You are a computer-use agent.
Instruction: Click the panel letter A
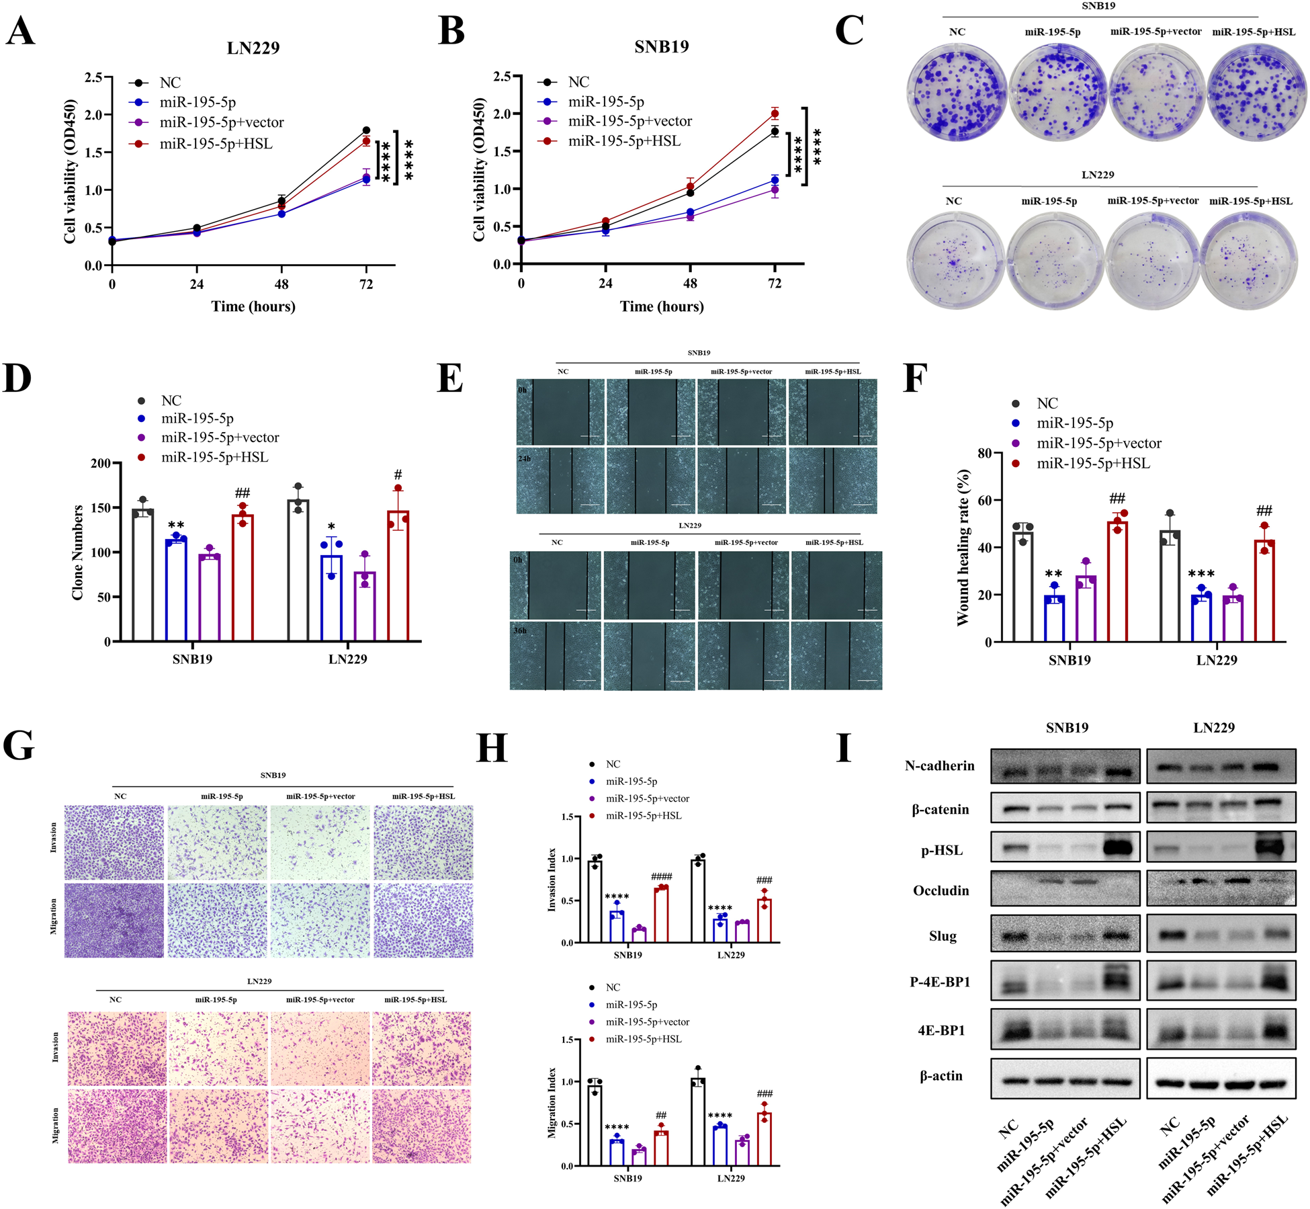coord(20,31)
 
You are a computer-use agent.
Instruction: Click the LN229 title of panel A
coord(253,48)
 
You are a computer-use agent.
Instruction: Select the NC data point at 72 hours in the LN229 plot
coord(366,130)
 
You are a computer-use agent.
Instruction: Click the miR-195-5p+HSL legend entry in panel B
coord(623,141)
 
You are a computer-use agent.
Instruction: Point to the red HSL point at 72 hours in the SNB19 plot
coord(775,114)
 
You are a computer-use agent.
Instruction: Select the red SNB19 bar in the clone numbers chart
coord(243,578)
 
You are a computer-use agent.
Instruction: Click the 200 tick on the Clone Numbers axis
coord(101,464)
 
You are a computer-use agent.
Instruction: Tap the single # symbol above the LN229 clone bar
coord(398,475)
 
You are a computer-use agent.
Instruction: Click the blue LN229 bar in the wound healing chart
coord(1200,618)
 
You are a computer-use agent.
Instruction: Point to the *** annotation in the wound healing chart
coord(1201,573)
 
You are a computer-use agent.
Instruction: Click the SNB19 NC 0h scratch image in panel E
coord(560,411)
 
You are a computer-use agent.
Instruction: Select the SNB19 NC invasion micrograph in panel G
coord(114,842)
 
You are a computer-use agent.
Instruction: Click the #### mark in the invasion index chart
coord(661,876)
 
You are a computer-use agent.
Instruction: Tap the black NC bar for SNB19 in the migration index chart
coord(595,1125)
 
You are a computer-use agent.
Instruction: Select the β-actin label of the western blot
coord(941,1076)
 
